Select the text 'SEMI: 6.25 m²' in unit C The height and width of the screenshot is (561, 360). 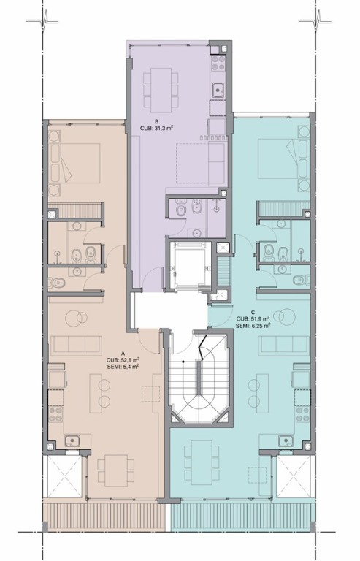[253, 326]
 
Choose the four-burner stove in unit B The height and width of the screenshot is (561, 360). [218, 63]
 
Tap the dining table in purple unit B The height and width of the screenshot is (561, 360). [161, 90]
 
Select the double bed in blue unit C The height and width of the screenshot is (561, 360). [283, 159]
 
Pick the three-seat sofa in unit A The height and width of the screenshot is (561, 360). [77, 345]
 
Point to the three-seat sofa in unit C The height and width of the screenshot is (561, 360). [283, 345]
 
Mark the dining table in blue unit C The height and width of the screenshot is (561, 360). [202, 462]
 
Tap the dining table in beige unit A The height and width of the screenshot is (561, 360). [116, 470]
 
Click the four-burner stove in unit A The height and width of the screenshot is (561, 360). [55, 414]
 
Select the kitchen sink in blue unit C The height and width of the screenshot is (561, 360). [286, 440]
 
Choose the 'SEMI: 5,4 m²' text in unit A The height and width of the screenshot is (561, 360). [123, 367]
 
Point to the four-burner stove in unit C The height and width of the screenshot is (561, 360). [302, 414]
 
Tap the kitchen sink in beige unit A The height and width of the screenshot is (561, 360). [72, 440]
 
